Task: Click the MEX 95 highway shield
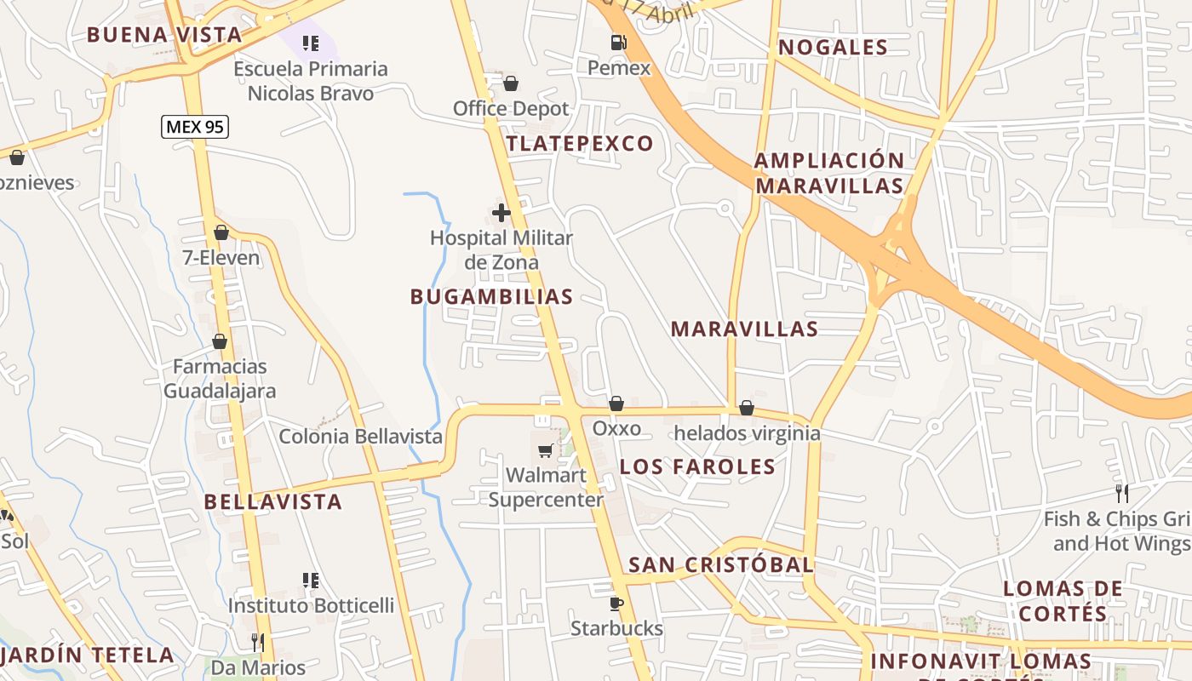pos(195,127)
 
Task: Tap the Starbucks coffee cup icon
pos(616,604)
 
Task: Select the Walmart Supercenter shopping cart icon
pos(545,449)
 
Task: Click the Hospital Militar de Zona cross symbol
pos(501,212)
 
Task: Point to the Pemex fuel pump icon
pos(619,42)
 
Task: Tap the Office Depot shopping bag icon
pos(511,83)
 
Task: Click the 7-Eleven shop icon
pos(221,232)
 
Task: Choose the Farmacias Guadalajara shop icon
pos(220,341)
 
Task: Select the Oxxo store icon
pos(616,403)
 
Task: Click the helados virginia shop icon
pos(747,408)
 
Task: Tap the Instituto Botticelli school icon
pos(311,581)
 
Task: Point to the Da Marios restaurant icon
pos(258,642)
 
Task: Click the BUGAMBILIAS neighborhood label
pos(491,296)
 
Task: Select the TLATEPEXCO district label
pos(580,143)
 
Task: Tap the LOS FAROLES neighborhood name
pos(697,466)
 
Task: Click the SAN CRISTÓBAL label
pos(720,564)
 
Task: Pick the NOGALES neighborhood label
pos(833,47)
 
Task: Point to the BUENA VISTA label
pos(164,35)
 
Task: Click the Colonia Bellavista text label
pos(361,437)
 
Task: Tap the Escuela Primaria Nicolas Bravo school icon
pos(311,43)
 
